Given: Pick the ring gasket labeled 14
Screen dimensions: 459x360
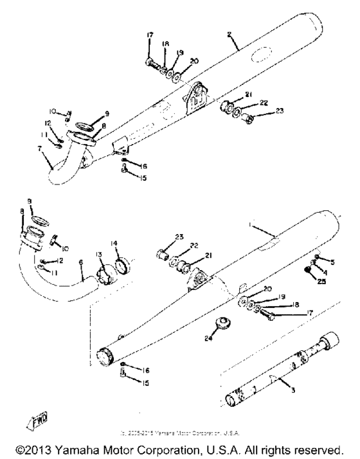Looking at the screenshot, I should pos(122,265).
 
